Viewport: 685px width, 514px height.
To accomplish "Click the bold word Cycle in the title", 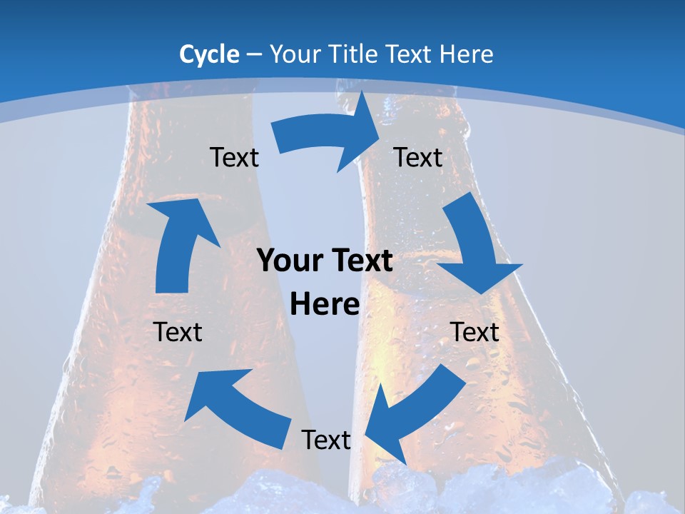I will tap(209, 54).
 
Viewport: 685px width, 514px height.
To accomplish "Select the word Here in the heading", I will tap(466, 54).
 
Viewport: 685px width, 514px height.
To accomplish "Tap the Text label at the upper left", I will tap(234, 157).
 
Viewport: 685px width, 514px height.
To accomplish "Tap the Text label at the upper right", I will tap(418, 157).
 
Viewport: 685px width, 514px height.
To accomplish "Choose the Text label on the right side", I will tap(475, 332).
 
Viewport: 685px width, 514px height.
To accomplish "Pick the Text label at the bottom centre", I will tap(326, 440).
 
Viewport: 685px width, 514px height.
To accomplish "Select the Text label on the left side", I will tap(178, 332).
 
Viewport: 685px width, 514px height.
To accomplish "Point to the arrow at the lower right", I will tap(414, 414).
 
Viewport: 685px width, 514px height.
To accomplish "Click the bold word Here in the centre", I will tap(325, 304).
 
